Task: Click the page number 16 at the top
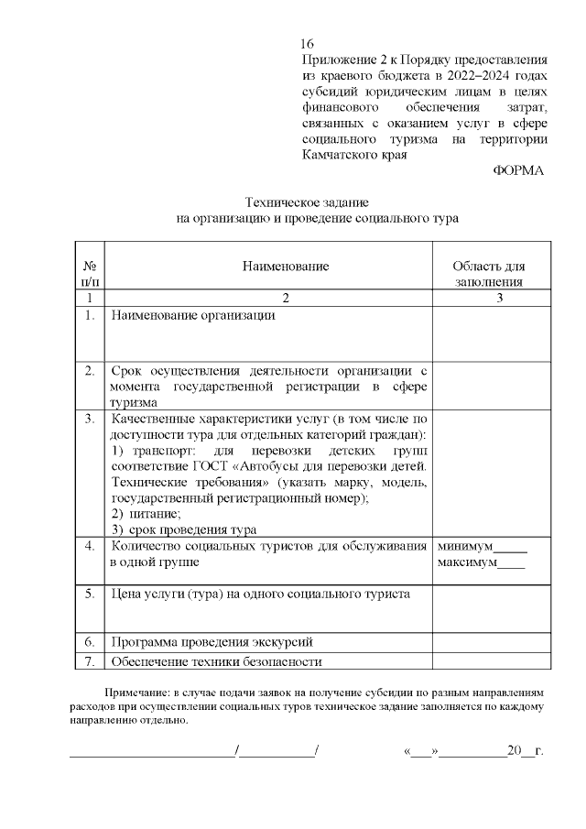click(307, 44)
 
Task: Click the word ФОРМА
click(517, 171)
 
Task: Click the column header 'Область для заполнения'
click(490, 274)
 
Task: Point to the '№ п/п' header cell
click(90, 274)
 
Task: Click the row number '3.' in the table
click(90, 419)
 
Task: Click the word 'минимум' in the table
click(467, 546)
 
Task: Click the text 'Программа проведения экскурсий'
click(212, 642)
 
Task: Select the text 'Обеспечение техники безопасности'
click(216, 661)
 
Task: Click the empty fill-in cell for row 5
click(491, 606)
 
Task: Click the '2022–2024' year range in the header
click(438, 74)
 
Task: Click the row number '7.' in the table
click(90, 661)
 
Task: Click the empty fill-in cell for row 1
click(491, 333)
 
